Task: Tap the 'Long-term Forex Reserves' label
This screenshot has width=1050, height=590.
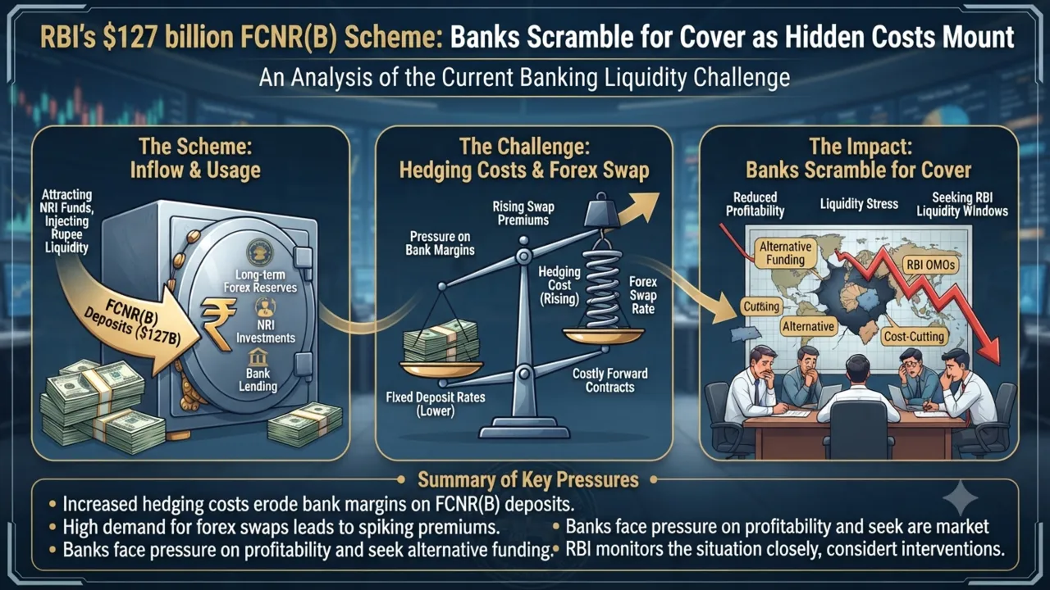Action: pyautogui.click(x=260, y=281)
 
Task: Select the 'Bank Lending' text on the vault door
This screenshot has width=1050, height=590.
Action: pyautogui.click(x=258, y=379)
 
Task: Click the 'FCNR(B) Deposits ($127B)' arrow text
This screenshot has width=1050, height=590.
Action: pyautogui.click(x=133, y=323)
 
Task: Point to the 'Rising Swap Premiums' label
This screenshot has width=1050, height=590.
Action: pyautogui.click(x=523, y=213)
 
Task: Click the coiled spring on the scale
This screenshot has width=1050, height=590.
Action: pyautogui.click(x=602, y=287)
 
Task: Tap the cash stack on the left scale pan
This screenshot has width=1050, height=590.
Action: pyautogui.click(x=441, y=341)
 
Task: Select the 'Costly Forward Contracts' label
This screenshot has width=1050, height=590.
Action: pyautogui.click(x=609, y=380)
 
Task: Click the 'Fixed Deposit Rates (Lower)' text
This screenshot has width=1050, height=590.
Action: pyautogui.click(x=436, y=404)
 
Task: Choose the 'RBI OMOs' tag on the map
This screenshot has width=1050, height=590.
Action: pyautogui.click(x=930, y=265)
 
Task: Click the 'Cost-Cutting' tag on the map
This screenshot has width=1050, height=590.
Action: pyautogui.click(x=914, y=336)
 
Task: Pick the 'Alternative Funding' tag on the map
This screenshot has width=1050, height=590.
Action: pyautogui.click(x=785, y=253)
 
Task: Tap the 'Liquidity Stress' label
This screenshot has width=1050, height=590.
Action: pyautogui.click(x=859, y=204)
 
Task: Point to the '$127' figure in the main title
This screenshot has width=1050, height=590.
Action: pyautogui.click(x=130, y=38)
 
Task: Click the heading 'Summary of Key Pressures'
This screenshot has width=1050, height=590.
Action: pyautogui.click(x=527, y=480)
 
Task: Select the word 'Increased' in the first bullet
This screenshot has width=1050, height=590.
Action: pyautogui.click(x=100, y=504)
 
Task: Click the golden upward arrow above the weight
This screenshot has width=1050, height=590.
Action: pyautogui.click(x=638, y=208)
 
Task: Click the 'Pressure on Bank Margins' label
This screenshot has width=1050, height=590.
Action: pyautogui.click(x=440, y=243)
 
